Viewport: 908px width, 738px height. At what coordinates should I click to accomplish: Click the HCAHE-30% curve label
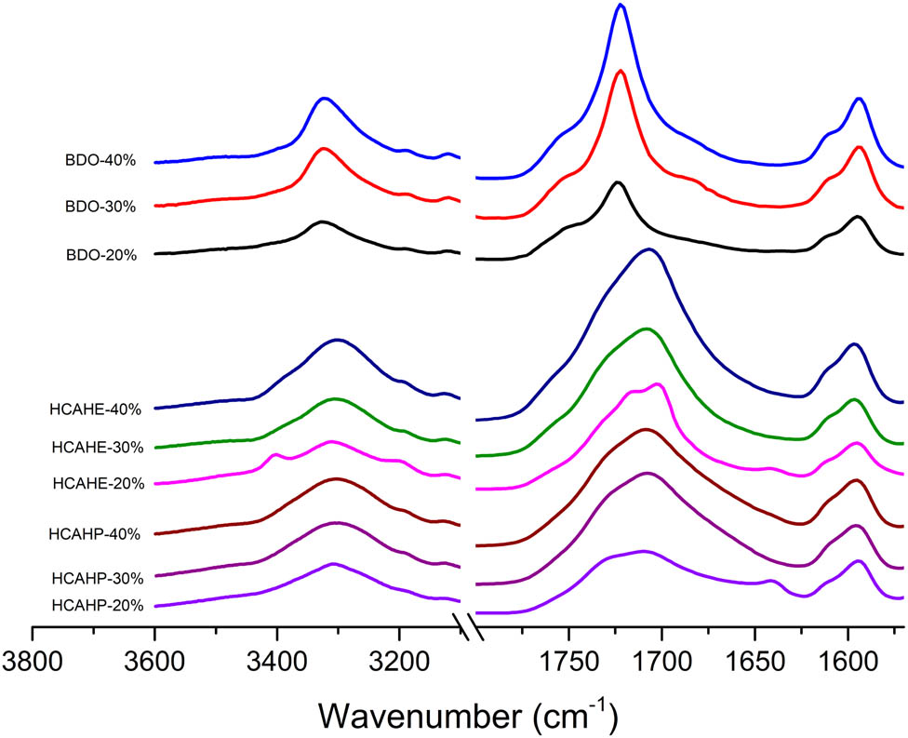point(98,448)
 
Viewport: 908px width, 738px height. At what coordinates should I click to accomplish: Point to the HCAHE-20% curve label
point(98,483)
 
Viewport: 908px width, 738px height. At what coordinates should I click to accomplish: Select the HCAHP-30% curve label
point(98,576)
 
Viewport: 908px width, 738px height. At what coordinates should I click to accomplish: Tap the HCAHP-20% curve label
point(98,606)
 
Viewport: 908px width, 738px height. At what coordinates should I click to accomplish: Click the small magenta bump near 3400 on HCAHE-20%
point(275,454)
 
